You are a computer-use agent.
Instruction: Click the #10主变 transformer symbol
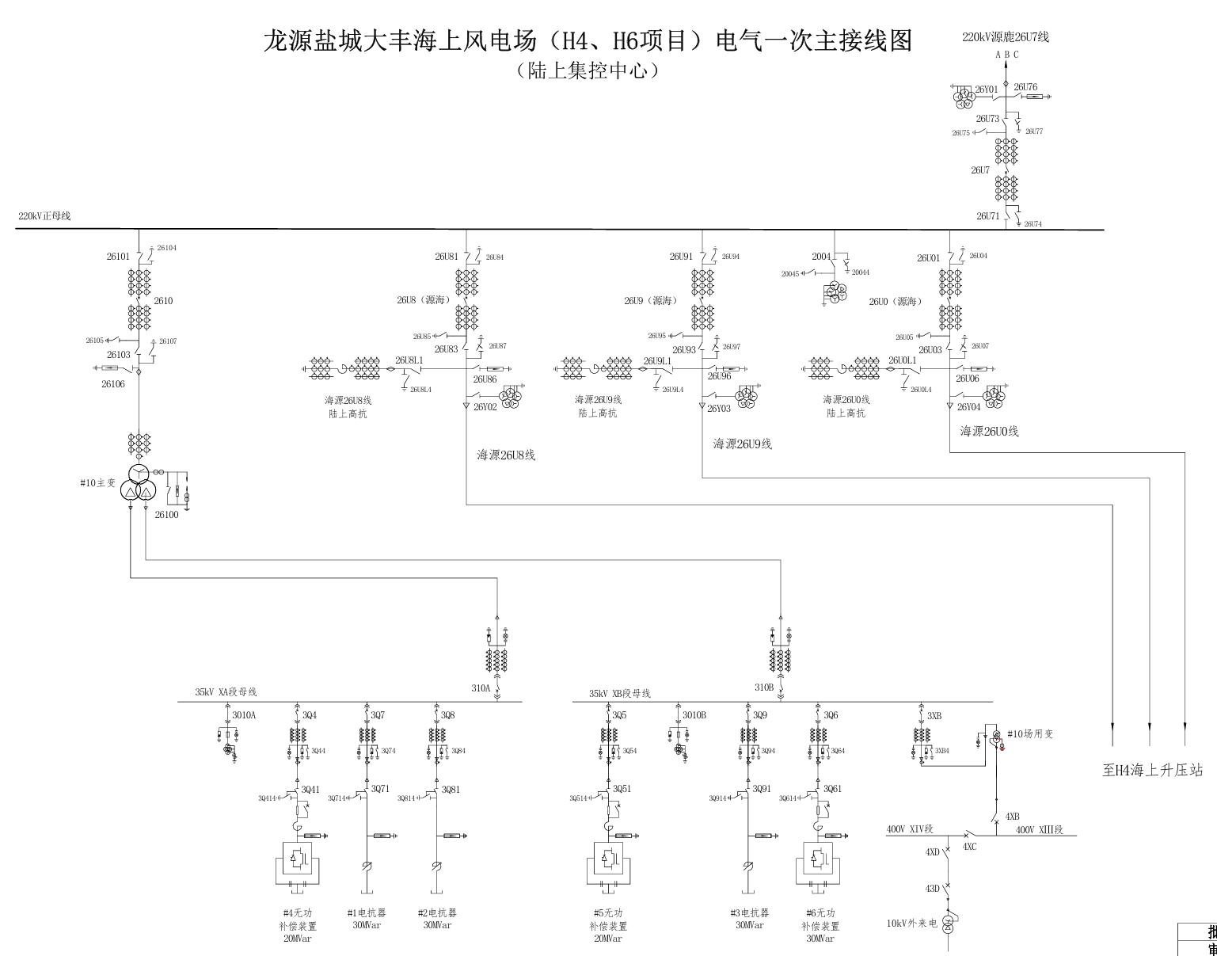tap(138, 484)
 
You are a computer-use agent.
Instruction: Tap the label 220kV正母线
tap(44, 216)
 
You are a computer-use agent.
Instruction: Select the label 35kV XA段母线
tap(226, 692)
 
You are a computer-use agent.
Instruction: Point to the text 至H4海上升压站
tap(1152, 770)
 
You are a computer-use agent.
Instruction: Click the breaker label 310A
tap(480, 688)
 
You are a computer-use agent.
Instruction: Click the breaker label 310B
tap(763, 687)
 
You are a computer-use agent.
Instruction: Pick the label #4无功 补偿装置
tap(298, 920)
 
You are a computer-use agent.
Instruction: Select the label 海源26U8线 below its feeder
tap(506, 455)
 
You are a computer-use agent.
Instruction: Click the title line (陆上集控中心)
tap(588, 70)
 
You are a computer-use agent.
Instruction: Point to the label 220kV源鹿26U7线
tap(1005, 37)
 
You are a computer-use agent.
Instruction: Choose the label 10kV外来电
tap(911, 924)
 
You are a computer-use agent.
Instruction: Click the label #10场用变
tap(1029, 734)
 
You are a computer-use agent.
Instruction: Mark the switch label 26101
tap(118, 257)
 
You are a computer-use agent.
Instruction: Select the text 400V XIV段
tap(910, 829)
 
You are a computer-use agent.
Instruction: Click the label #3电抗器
tap(749, 913)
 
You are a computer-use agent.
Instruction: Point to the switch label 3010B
tap(694, 715)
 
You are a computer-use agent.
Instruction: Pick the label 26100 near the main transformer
tap(166, 515)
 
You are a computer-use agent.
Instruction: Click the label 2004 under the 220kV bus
tap(821, 257)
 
